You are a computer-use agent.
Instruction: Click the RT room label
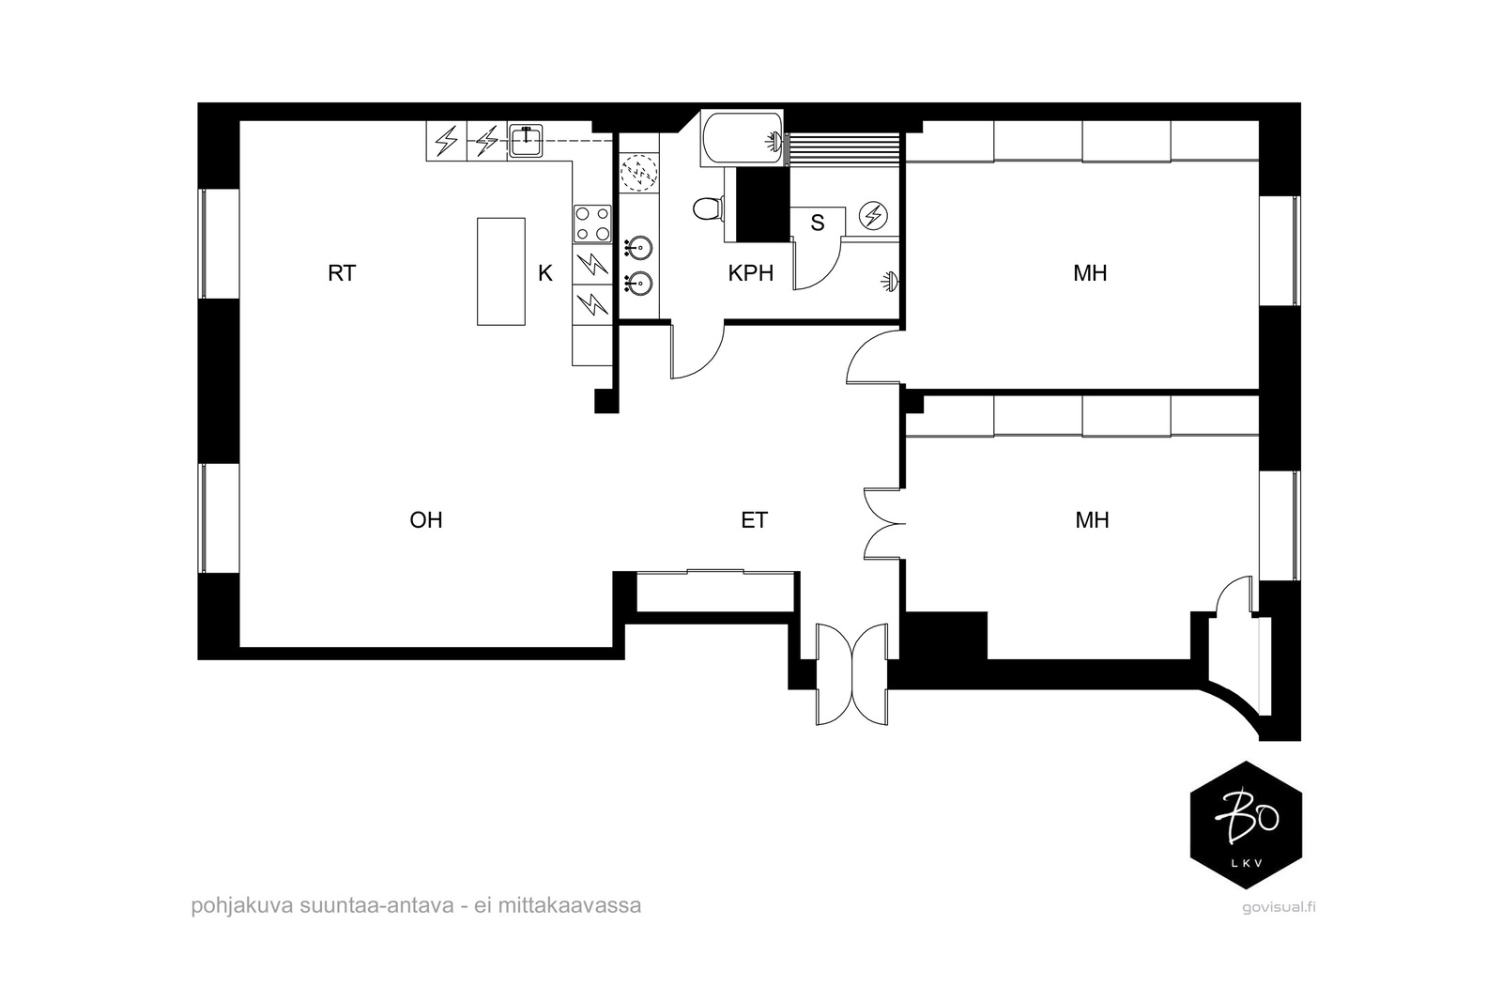click(x=342, y=273)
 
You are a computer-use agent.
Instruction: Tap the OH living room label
click(x=426, y=519)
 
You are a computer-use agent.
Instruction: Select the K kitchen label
click(x=545, y=273)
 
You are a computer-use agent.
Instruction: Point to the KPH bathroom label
click(x=751, y=273)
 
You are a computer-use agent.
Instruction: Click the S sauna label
click(x=818, y=223)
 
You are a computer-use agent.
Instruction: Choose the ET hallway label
click(x=755, y=519)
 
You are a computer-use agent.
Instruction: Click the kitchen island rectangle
click(x=501, y=271)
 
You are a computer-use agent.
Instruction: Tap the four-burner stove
click(x=592, y=224)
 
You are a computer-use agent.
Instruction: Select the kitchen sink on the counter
click(x=527, y=141)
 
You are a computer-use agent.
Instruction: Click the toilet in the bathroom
click(x=708, y=208)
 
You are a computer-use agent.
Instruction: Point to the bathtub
click(x=742, y=138)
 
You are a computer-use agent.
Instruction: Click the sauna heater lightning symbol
click(x=874, y=215)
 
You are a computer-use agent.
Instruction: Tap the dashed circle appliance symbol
click(x=639, y=173)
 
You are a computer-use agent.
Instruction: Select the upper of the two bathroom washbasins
click(x=637, y=248)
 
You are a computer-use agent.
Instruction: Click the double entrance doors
click(x=851, y=674)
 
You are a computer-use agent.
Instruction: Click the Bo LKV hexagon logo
click(x=1246, y=825)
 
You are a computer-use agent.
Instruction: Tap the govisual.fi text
click(x=1279, y=907)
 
